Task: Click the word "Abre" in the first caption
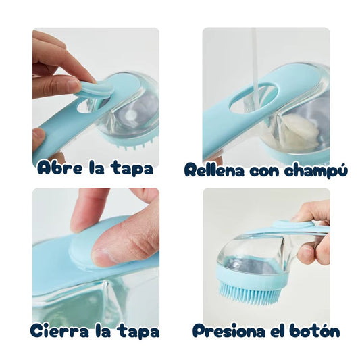click(x=57, y=168)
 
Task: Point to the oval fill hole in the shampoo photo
click(x=253, y=99)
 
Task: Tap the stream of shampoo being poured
click(x=255, y=54)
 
